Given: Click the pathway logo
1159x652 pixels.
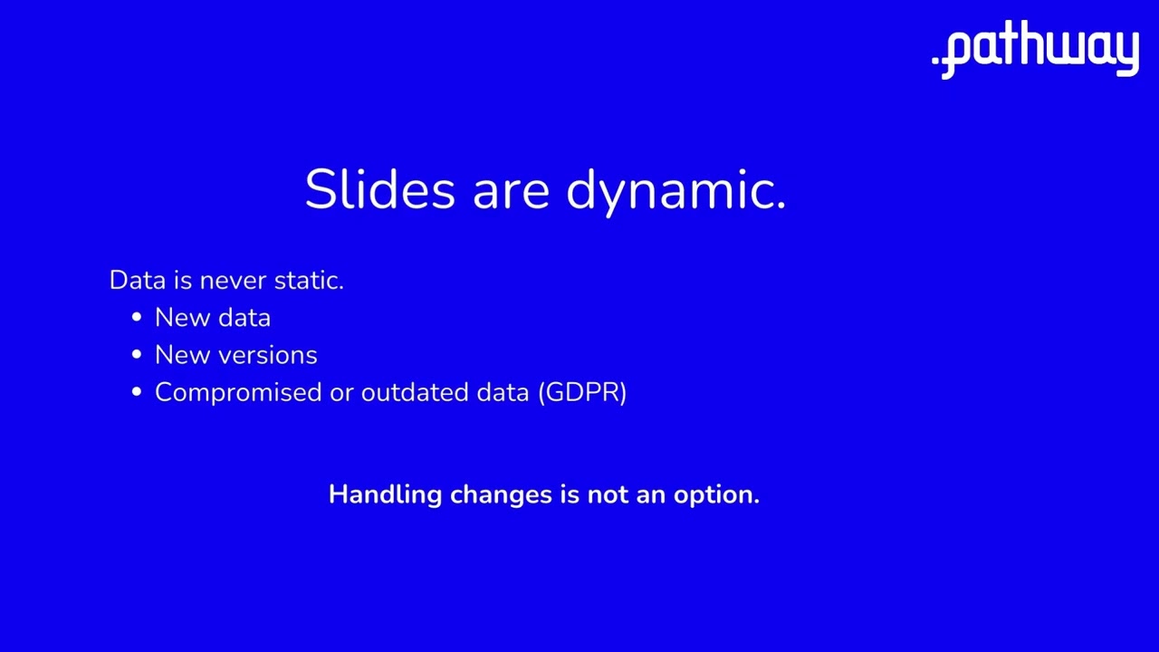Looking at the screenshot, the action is [1035, 50].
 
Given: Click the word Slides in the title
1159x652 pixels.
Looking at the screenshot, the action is [380, 189].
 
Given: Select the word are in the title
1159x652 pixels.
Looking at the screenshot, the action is [512, 195].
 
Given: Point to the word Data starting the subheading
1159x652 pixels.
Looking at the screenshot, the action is [139, 281].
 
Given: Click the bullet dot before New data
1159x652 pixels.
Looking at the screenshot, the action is [137, 317].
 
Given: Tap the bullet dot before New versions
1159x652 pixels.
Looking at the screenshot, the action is [137, 354].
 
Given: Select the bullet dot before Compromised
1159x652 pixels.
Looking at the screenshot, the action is [137, 392].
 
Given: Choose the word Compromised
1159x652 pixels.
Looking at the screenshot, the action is [238, 393].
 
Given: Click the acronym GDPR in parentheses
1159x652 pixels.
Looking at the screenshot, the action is [582, 392].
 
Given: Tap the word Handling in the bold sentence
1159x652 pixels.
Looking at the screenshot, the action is [386, 495].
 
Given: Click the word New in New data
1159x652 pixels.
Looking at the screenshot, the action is [183, 318].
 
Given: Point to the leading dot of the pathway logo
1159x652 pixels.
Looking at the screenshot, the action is [935, 60].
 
